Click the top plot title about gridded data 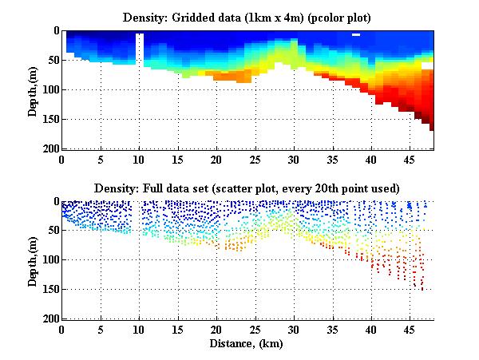[247, 16]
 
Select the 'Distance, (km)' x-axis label [247, 344]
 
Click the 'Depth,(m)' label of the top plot [34, 90]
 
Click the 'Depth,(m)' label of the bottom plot [34, 260]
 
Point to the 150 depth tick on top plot [49, 119]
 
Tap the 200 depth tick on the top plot [49, 148]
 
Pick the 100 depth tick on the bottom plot [49, 259]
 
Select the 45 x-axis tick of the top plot [410, 160]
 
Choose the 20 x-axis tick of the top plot [216, 160]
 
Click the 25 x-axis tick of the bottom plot [255, 330]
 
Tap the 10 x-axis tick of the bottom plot [139, 330]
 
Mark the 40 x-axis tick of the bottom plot [370, 330]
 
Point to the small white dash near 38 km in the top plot [356, 35]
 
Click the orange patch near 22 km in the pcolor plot [232, 76]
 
